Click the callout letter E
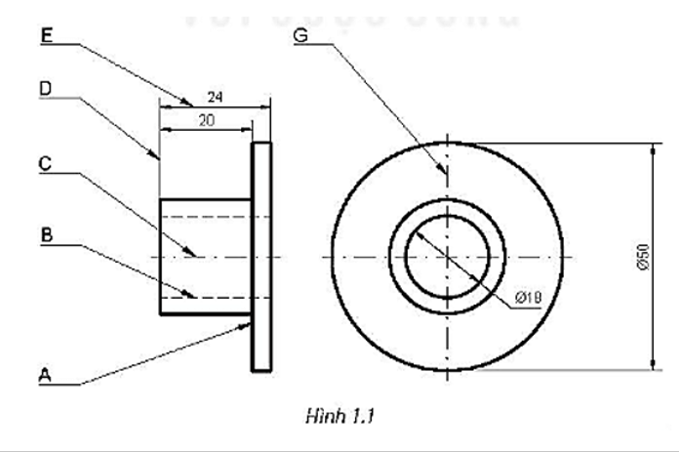46,35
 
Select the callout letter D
46,88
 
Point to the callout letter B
45,234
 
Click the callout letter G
300,35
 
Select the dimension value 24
215,98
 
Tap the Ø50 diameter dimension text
642,256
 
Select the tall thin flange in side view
261,256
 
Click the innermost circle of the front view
446,257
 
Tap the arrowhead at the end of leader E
189,103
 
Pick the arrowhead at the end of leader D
156,156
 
